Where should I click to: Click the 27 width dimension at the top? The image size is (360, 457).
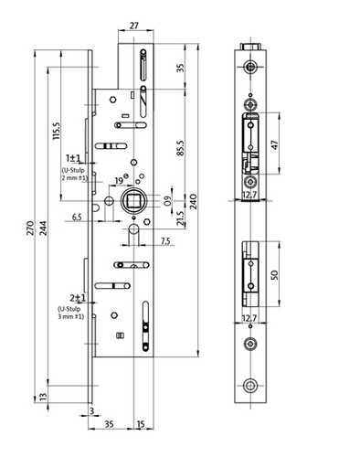(134, 26)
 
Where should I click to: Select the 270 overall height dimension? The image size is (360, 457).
(30, 228)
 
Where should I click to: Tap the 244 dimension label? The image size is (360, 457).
(44, 228)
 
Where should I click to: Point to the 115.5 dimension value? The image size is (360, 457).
(57, 131)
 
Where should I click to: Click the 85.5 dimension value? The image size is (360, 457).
(181, 148)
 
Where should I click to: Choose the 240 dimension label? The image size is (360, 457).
(194, 201)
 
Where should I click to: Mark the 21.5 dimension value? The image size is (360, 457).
(181, 218)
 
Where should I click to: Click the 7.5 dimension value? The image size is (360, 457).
(165, 241)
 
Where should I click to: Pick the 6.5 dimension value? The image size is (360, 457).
(77, 218)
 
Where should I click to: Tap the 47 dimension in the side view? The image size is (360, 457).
(274, 144)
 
